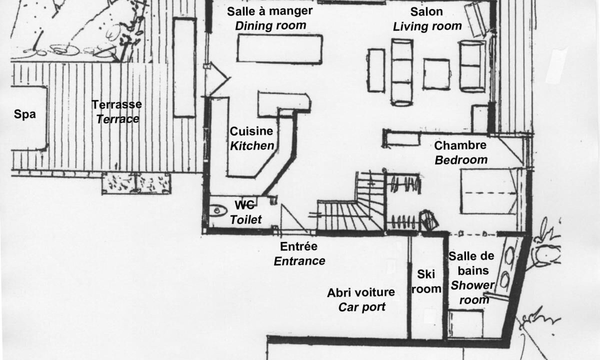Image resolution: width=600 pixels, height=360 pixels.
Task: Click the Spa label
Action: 25,114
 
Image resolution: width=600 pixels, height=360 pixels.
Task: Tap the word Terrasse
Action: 117,104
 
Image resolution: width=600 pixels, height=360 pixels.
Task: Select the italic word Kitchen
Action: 252,146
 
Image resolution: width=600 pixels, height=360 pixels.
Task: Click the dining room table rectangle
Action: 280,49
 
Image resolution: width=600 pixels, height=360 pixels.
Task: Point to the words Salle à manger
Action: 269,11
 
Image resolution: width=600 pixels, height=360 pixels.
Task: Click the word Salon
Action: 426,12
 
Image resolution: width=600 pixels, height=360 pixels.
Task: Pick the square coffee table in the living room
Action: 436,74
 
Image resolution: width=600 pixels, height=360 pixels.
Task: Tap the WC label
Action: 244,205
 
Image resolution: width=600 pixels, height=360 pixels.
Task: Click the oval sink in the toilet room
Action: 218,210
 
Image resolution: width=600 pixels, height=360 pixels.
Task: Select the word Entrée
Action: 298,246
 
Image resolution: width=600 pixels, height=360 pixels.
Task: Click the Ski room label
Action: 426,281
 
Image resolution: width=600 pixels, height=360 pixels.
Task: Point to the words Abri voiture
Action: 361,292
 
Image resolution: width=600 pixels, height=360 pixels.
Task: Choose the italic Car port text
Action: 362,307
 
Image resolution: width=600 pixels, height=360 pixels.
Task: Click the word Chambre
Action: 460,145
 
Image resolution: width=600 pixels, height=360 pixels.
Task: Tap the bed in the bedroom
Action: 488,191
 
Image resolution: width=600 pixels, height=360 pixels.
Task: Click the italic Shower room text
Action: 473,292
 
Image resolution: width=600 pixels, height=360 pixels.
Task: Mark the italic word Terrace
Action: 117,119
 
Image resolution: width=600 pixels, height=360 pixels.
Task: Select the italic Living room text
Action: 427,26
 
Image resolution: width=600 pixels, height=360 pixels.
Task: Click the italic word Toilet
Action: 245,220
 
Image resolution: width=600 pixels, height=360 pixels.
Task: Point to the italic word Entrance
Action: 299,261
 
